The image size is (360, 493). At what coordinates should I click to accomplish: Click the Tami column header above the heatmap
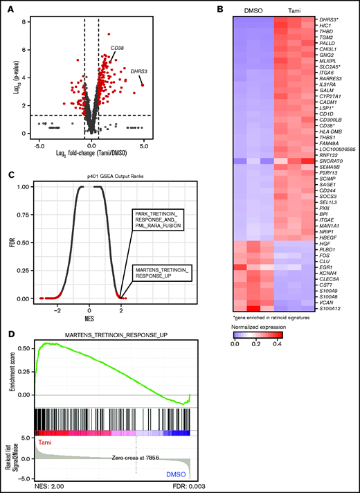pos(296,10)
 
